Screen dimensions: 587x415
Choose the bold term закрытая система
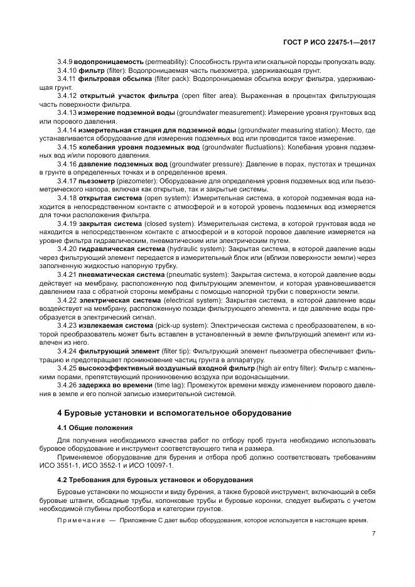click(x=110, y=223)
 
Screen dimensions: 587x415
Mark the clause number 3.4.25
click(x=66, y=367)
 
